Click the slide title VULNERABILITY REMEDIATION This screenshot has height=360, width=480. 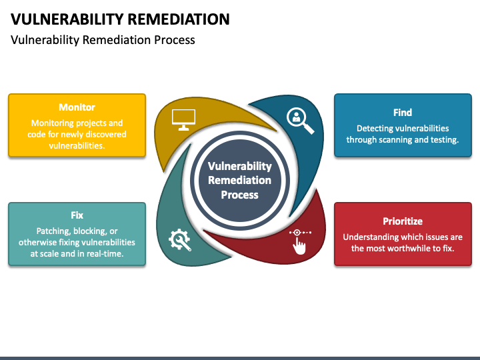coord(120,19)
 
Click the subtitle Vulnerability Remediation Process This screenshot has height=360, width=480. coord(103,40)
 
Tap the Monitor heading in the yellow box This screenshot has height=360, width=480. coord(77,107)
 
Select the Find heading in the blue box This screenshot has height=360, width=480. coord(402,113)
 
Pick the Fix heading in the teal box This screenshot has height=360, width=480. coord(77,215)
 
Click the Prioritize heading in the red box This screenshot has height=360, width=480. coord(402,221)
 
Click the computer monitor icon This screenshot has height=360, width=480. coord(183,119)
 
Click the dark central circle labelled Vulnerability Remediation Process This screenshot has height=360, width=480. coord(239,180)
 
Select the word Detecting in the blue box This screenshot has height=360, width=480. coord(375,128)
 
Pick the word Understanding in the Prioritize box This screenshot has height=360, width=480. coord(371,237)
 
